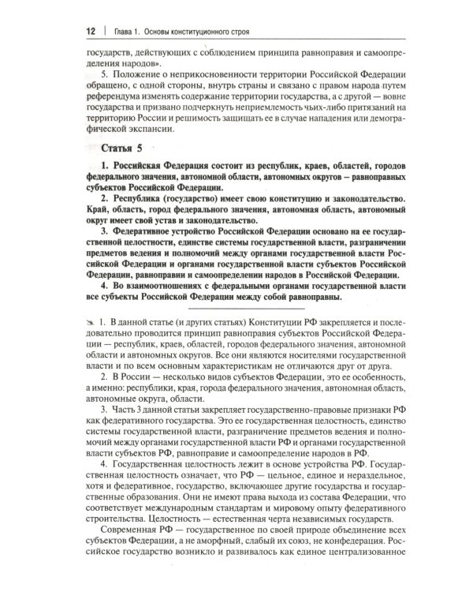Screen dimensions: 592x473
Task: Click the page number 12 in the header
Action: tap(90, 32)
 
